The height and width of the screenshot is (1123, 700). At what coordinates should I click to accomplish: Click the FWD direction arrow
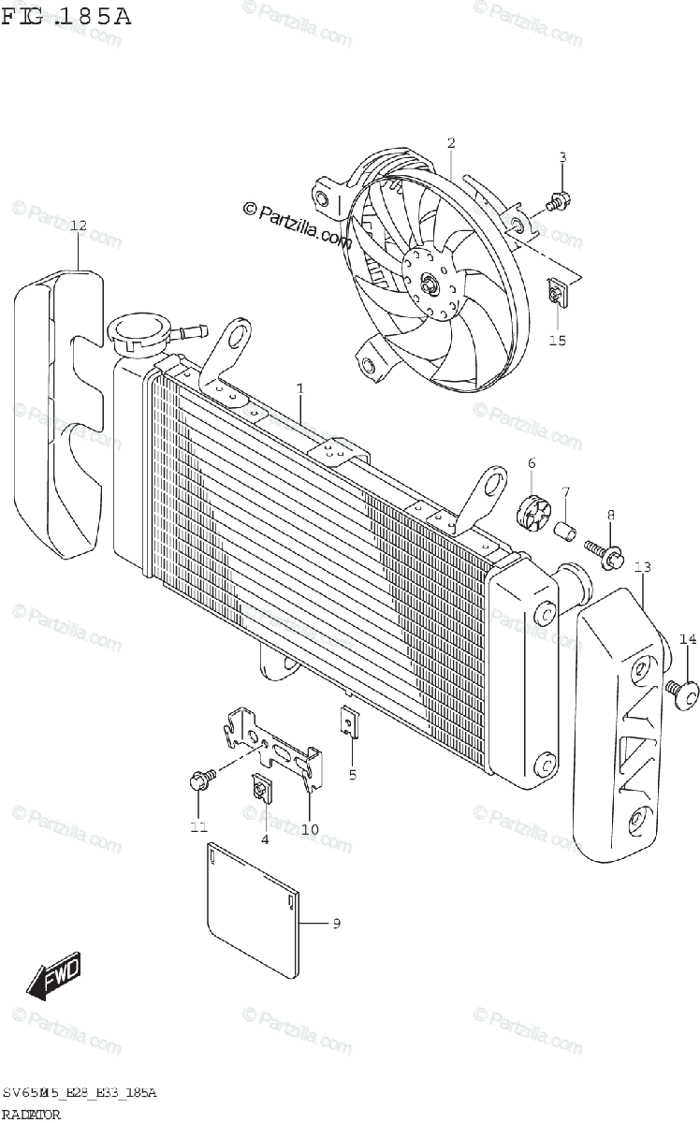(x=55, y=974)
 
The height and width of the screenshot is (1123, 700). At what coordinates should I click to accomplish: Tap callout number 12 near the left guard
(x=78, y=226)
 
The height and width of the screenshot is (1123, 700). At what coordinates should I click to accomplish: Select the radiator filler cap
(x=138, y=331)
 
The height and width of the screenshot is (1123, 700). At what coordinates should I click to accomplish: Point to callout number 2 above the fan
(x=451, y=143)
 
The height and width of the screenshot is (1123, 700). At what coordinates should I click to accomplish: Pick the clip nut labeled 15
(x=556, y=297)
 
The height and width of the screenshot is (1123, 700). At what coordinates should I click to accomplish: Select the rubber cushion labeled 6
(x=532, y=510)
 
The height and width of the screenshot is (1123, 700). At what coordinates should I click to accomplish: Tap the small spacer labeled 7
(x=565, y=531)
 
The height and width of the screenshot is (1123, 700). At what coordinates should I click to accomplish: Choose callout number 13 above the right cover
(x=642, y=567)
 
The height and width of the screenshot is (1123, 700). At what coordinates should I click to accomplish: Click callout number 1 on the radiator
(x=300, y=387)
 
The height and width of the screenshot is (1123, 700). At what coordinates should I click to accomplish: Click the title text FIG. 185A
(x=66, y=17)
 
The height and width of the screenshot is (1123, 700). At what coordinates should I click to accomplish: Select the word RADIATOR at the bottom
(x=34, y=1115)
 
